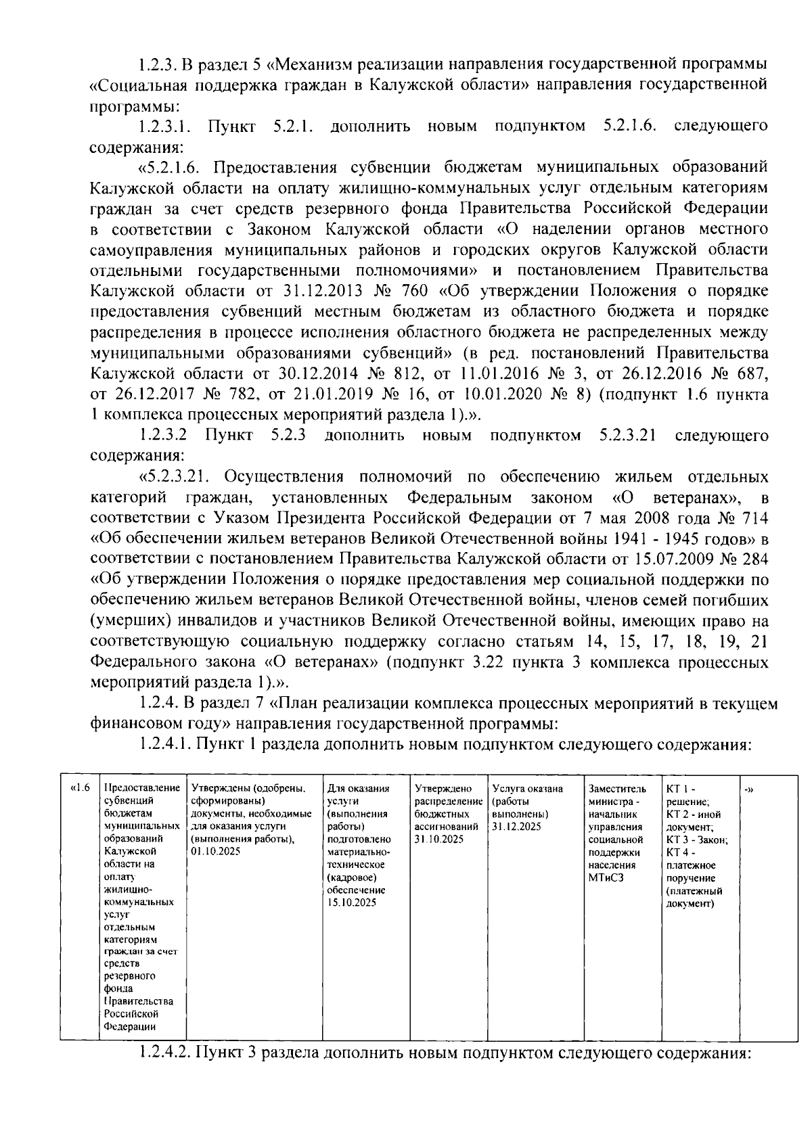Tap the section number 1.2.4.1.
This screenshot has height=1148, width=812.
click(x=165, y=745)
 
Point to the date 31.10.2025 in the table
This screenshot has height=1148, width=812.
click(x=438, y=839)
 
